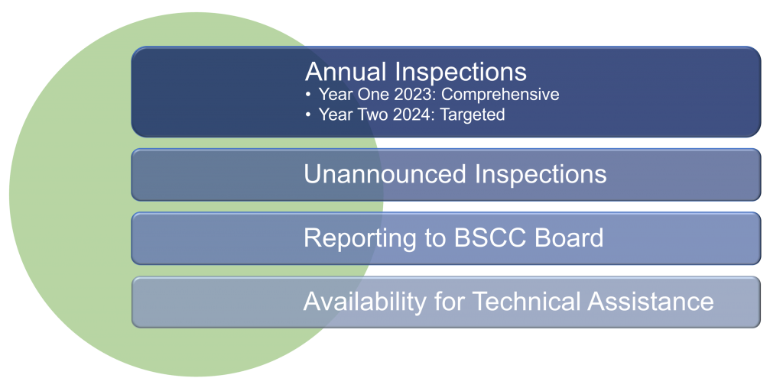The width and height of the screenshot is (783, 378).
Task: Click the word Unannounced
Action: pyautogui.click(x=385, y=174)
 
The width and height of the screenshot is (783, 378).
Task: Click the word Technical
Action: pyautogui.click(x=526, y=302)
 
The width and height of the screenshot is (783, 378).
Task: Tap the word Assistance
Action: pyautogui.click(x=650, y=302)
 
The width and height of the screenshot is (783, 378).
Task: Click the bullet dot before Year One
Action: pyautogui.click(x=308, y=95)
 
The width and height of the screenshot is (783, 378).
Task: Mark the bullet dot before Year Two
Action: pyautogui.click(x=308, y=115)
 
